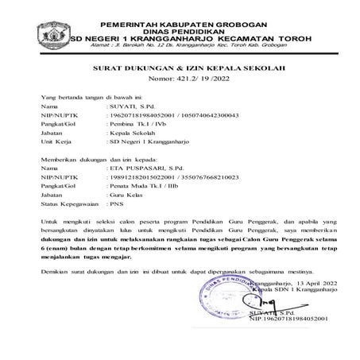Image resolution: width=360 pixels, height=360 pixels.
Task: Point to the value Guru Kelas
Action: pyautogui.click(x=127, y=196)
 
